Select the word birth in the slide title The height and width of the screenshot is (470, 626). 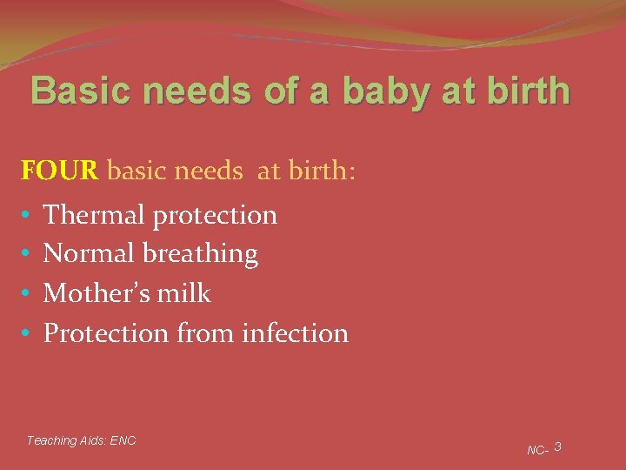pyautogui.click(x=525, y=91)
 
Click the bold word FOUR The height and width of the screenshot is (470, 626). pyautogui.click(x=59, y=170)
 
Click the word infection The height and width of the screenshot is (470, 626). pyautogui.click(x=296, y=332)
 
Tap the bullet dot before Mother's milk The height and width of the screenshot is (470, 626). pyautogui.click(x=27, y=294)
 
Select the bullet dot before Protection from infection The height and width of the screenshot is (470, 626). pyautogui.click(x=27, y=333)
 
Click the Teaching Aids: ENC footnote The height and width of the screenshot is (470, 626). pyautogui.click(x=81, y=440)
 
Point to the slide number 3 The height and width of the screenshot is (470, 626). pyautogui.click(x=557, y=446)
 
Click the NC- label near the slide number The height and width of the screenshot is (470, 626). pyautogui.click(x=536, y=450)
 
